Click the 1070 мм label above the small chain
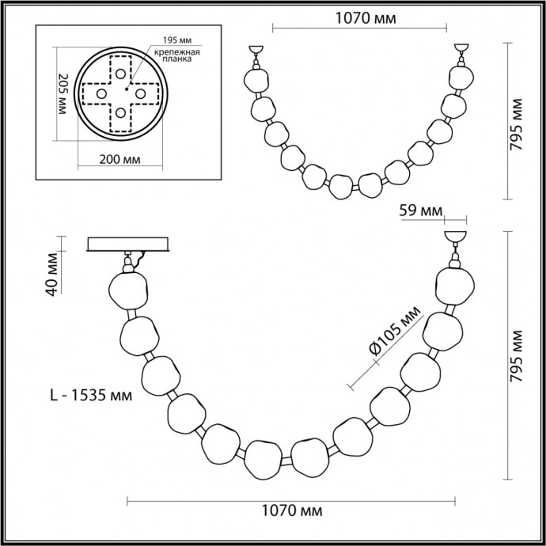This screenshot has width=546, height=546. coord(362,16)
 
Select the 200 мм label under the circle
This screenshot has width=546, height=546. coord(119,159)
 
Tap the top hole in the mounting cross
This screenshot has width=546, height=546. coord(120,73)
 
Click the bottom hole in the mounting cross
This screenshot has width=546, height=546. coord(120,114)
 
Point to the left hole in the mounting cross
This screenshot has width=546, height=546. coord(100,93)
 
